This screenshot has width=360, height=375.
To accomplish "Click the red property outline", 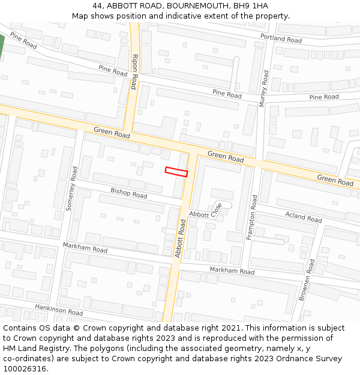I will coord(176,172).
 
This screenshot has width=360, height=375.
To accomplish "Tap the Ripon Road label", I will coord(134,71).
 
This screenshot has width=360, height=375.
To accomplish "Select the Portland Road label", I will coord(281,38).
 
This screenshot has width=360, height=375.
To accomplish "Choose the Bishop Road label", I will coord(128,193).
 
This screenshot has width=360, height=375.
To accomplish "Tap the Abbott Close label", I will coord(205,211).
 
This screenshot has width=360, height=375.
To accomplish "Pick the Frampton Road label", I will coord(252,217).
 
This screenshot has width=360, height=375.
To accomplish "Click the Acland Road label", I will coord(304,217).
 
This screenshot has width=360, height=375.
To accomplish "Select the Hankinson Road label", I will coord(58,310).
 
